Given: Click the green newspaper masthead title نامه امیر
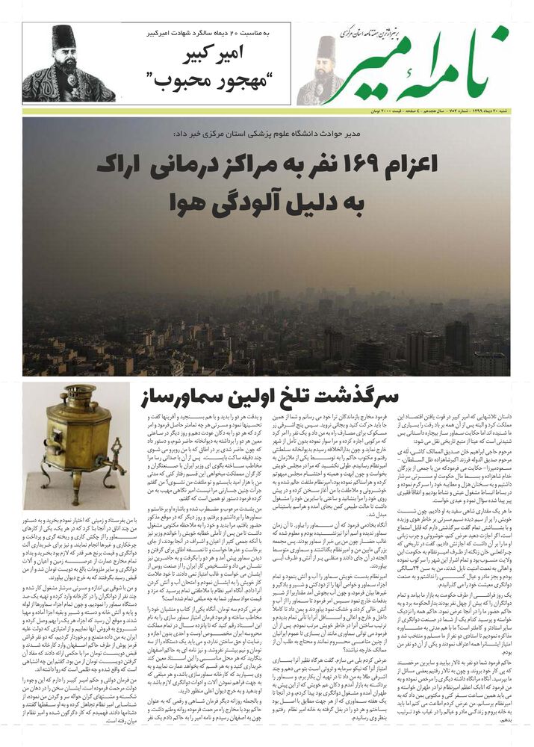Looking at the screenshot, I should pos(430,66).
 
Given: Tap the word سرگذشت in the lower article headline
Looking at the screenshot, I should pos(356,395).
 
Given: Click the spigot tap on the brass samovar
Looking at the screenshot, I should pos(117,447).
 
